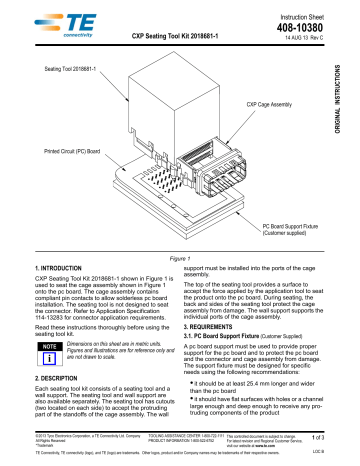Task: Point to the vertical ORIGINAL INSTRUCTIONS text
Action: tap(351, 96)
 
